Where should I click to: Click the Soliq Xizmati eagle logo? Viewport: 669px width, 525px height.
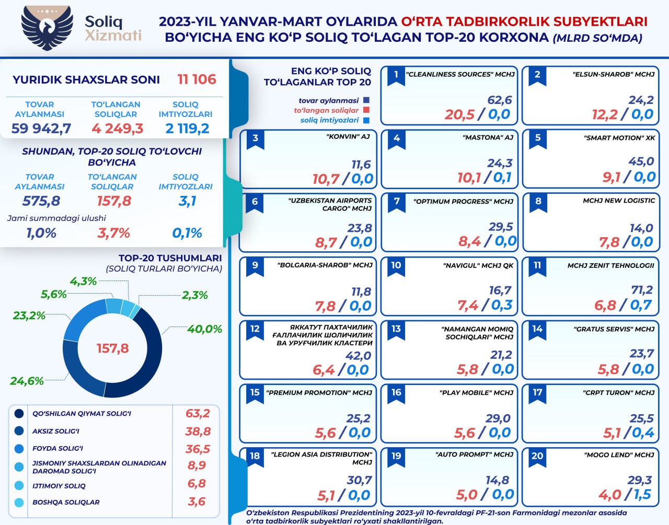[48, 27]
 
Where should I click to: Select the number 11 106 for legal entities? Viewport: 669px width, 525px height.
[197, 79]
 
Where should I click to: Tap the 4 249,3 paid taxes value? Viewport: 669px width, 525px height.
[117, 129]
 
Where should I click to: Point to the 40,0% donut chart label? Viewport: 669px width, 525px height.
[204, 329]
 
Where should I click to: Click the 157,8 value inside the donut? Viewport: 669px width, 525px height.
[112, 348]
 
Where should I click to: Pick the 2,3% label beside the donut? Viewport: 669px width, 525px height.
[194, 295]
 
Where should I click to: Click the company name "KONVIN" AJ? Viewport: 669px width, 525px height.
[348, 137]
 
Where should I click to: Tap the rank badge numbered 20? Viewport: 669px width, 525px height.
[537, 456]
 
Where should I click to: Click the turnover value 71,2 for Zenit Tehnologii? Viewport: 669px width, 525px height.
[642, 290]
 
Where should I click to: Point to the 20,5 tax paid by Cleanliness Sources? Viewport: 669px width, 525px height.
[459, 114]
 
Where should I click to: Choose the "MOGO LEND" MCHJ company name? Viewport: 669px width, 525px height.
[619, 455]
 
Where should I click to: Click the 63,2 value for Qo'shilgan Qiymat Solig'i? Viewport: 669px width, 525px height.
[198, 413]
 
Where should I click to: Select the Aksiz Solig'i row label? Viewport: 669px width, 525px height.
[56, 431]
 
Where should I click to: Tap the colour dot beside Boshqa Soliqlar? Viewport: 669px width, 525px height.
[19, 503]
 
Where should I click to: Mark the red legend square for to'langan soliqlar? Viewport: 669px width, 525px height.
[366, 110]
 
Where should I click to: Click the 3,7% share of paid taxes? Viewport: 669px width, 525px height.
[113, 233]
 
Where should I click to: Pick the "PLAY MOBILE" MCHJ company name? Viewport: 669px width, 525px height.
[476, 393]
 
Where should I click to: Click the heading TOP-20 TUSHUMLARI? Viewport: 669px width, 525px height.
[170, 258]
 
